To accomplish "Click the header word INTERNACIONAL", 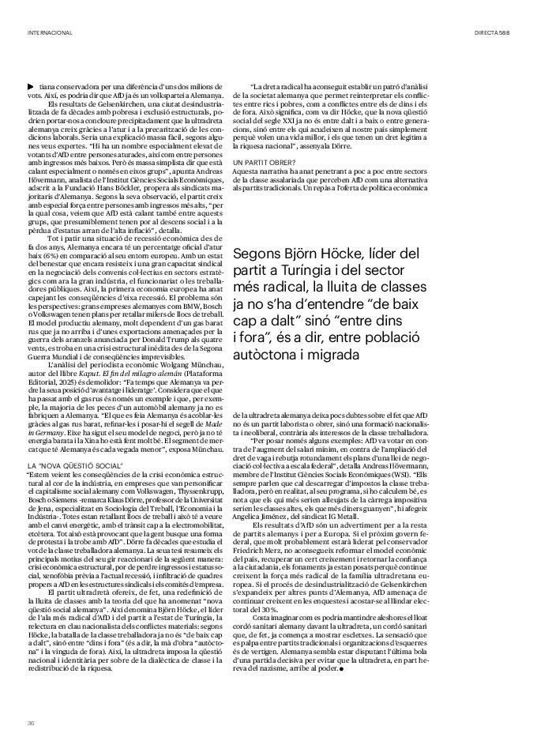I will pos(49,32).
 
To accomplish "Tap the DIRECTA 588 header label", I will pos(492,32).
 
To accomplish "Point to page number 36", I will pos(31,722).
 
